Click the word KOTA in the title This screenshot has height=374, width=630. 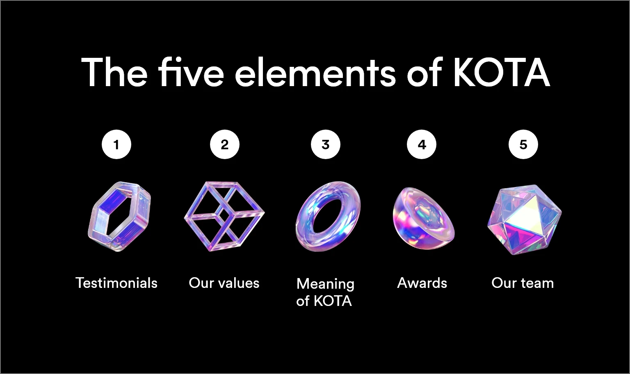pyautogui.click(x=502, y=73)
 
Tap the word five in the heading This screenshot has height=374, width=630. pyautogui.click(x=191, y=71)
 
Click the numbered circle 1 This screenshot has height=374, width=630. pyautogui.click(x=116, y=144)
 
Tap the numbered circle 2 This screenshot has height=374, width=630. pyautogui.click(x=224, y=144)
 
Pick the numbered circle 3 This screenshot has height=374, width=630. pyautogui.click(x=325, y=144)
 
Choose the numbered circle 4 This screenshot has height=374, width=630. pyautogui.click(x=422, y=144)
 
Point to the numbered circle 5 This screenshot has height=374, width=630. pyautogui.click(x=523, y=144)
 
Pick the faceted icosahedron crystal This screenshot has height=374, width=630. pyautogui.click(x=525, y=219)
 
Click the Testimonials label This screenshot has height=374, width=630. pyautogui.click(x=116, y=283)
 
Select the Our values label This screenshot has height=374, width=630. pyautogui.click(x=224, y=283)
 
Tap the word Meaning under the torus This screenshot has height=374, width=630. pyautogui.click(x=325, y=284)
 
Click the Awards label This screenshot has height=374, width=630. pyautogui.click(x=422, y=283)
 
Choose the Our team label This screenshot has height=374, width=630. pyautogui.click(x=523, y=283)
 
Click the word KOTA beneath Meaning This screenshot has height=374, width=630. pyautogui.click(x=333, y=301)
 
